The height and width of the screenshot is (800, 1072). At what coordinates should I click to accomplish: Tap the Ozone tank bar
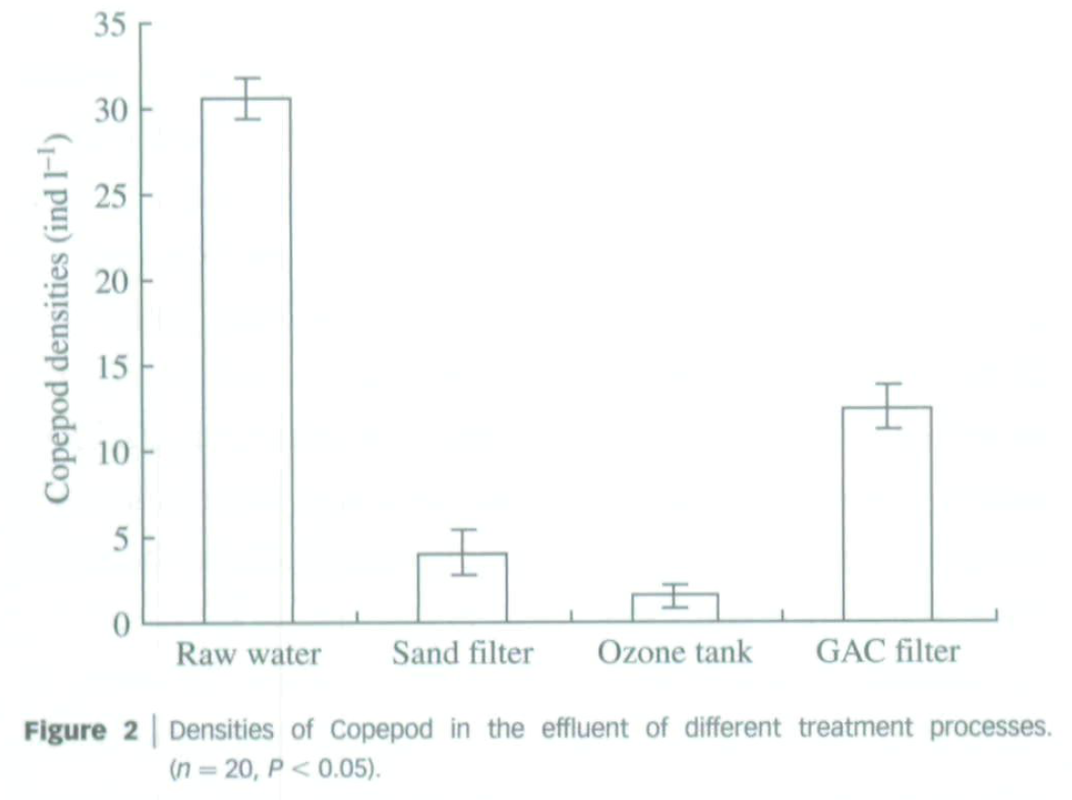click(x=674, y=608)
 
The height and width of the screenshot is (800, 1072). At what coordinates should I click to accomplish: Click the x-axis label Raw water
click(x=248, y=654)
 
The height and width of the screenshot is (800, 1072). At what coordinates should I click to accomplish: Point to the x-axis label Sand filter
click(x=462, y=653)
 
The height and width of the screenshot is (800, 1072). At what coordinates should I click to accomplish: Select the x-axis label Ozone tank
click(x=674, y=652)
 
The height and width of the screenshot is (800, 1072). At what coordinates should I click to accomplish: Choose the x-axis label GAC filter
click(x=888, y=651)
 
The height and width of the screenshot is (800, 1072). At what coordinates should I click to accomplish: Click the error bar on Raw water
click(x=247, y=98)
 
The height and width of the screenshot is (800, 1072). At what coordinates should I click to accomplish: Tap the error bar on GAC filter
click(x=887, y=405)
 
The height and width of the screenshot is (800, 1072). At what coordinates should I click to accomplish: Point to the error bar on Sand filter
click(x=462, y=552)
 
